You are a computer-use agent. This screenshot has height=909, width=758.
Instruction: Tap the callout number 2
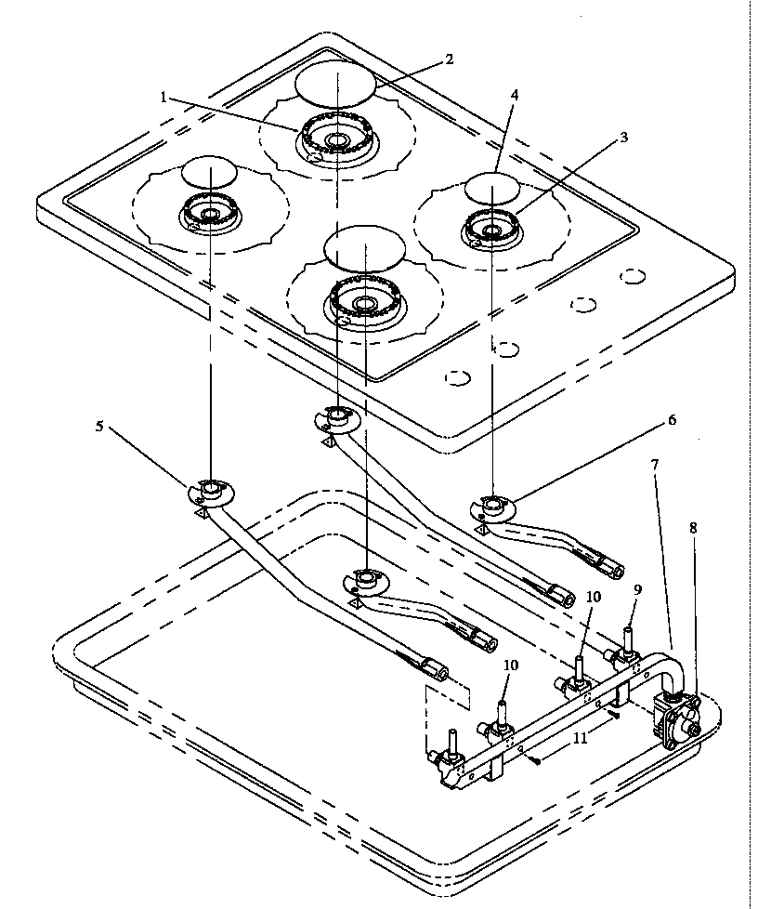click(449, 59)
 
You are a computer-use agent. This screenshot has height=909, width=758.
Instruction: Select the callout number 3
click(623, 138)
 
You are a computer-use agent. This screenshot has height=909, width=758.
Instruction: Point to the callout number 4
click(515, 96)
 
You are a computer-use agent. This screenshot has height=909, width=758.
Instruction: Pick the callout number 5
click(99, 427)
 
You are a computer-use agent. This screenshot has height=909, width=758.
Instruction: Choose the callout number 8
click(693, 527)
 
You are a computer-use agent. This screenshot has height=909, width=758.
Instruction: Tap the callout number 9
click(636, 589)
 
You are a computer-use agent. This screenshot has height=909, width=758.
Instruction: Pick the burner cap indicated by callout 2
click(334, 85)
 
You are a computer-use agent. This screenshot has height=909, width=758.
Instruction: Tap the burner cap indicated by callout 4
click(491, 189)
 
